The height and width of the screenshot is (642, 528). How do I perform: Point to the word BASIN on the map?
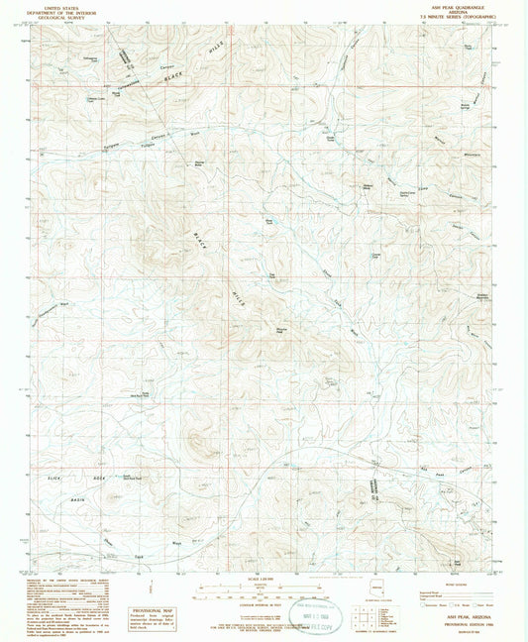click(x=78, y=498)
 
